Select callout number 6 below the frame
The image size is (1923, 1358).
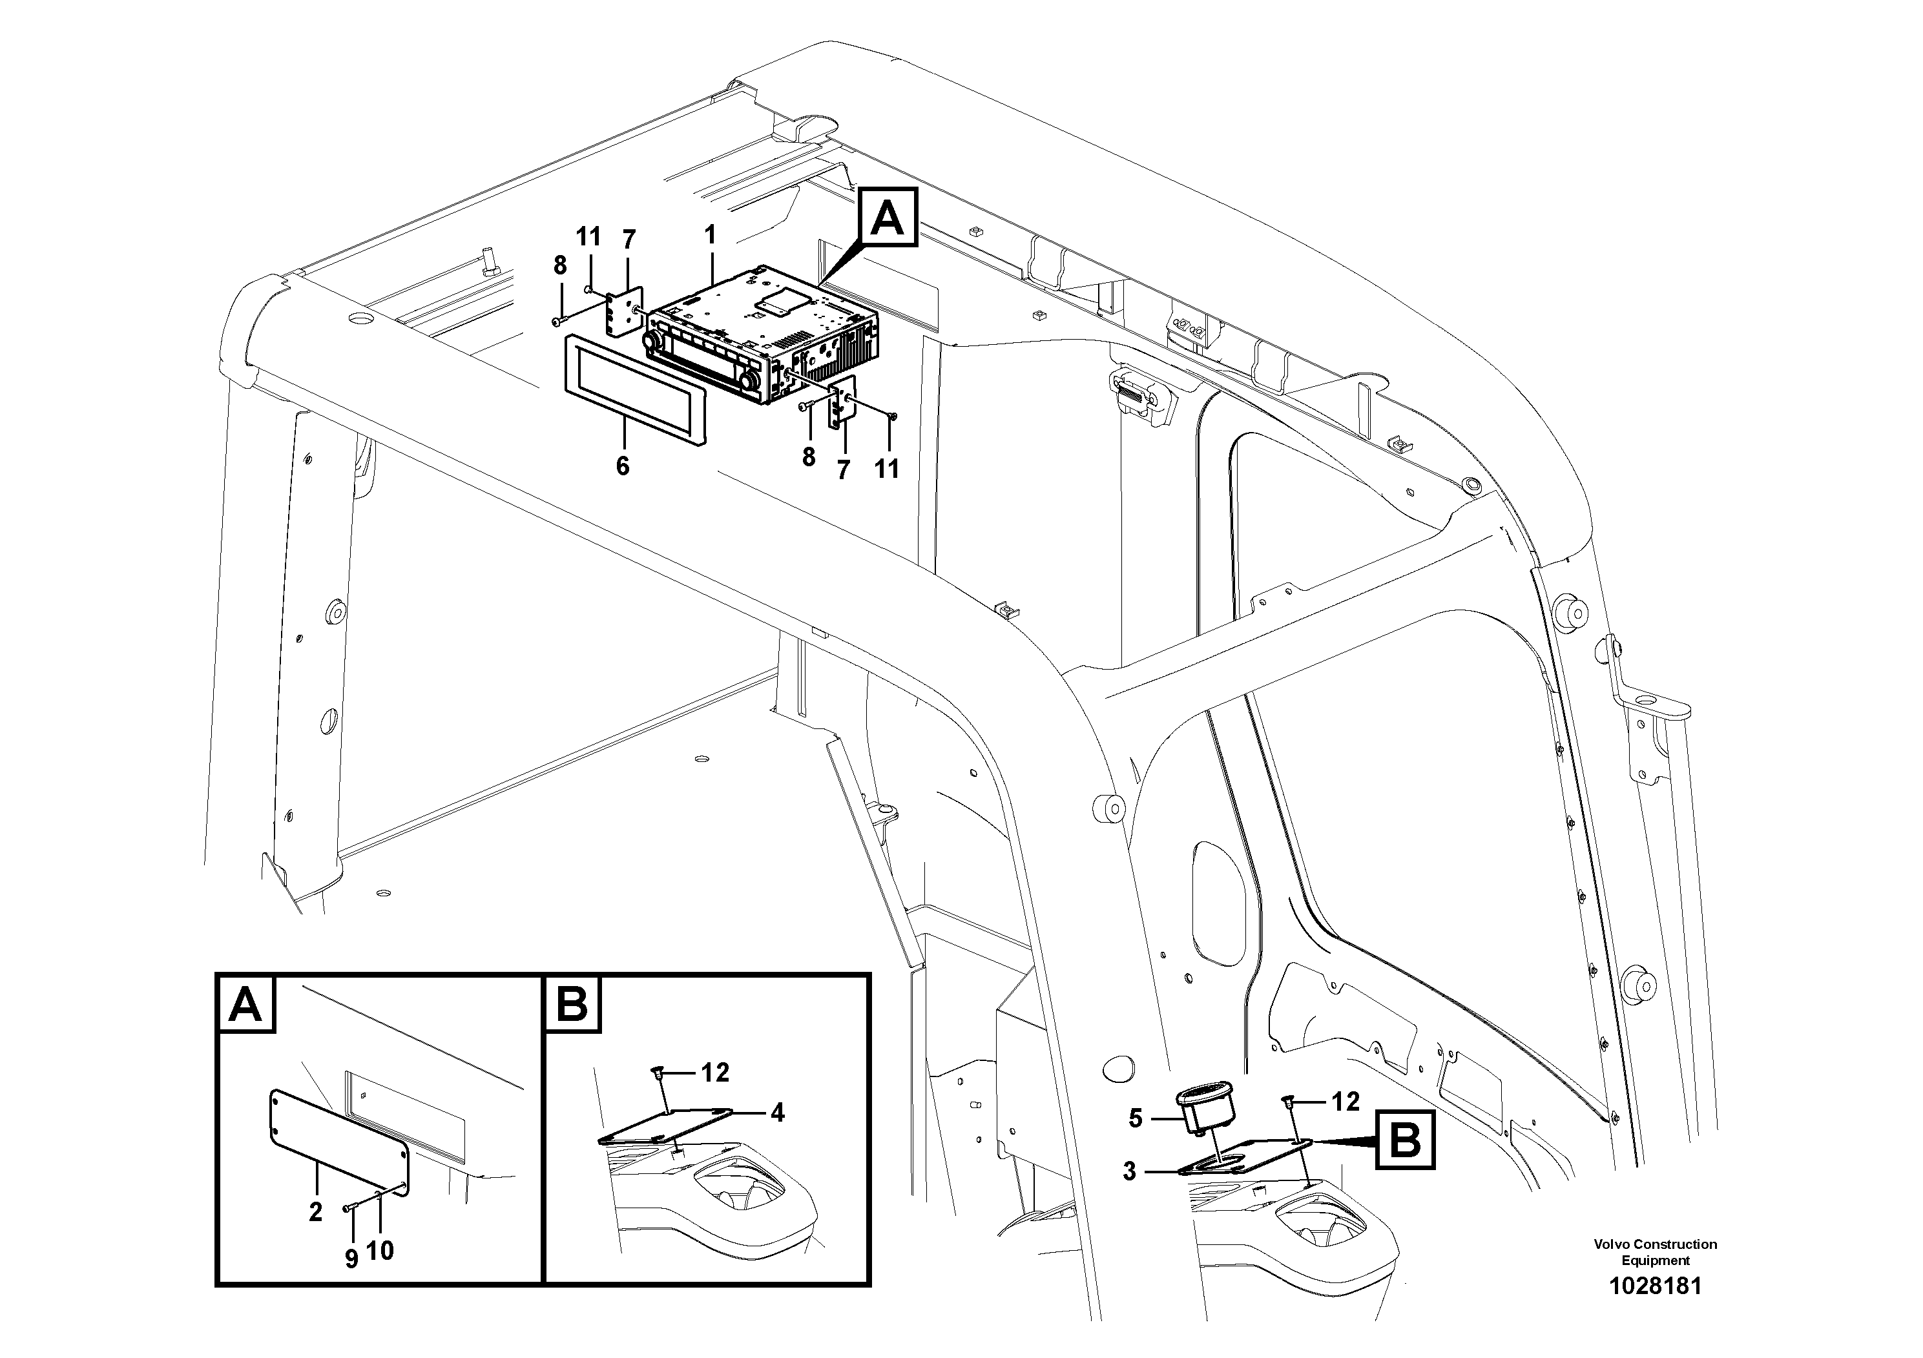622,466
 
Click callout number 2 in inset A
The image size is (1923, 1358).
315,1211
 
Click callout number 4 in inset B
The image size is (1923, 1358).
777,1113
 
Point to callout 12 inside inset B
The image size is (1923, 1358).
715,1072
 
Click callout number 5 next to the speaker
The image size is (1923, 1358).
1135,1118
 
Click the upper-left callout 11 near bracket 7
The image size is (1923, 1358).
589,237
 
